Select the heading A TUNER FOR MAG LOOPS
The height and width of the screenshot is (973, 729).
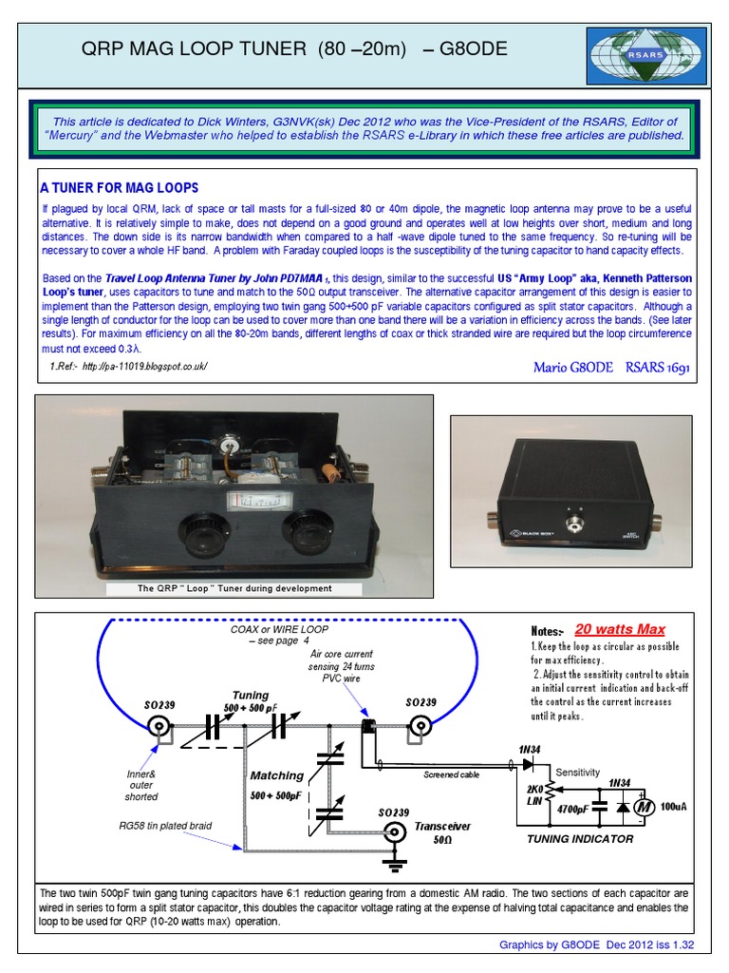click(119, 186)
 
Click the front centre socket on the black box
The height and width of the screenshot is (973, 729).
click(573, 525)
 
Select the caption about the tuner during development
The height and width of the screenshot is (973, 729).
click(235, 588)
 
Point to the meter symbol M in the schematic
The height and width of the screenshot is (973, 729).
click(643, 806)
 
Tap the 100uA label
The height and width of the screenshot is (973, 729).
click(672, 806)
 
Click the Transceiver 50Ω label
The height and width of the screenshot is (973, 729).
click(442, 833)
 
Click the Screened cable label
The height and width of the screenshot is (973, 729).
click(452, 774)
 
